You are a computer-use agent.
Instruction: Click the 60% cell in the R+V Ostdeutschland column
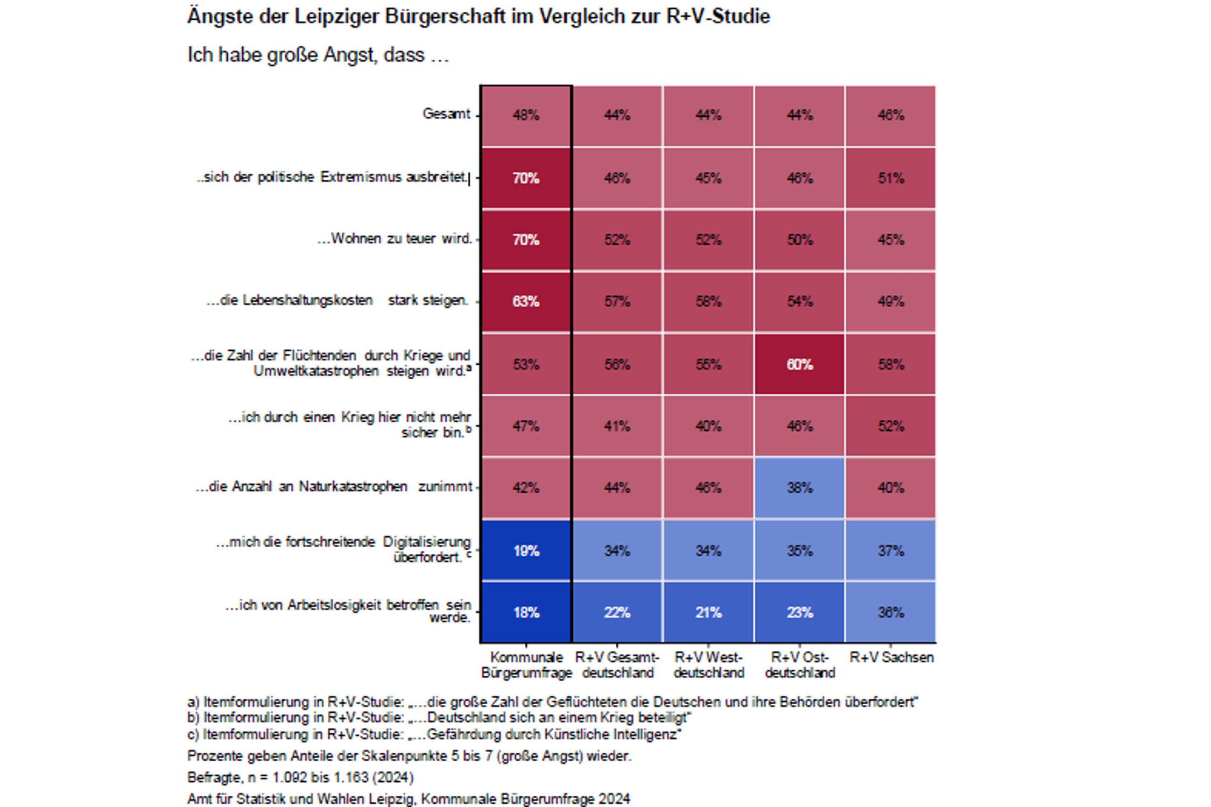(x=799, y=364)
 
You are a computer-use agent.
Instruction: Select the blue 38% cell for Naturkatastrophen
(x=799, y=487)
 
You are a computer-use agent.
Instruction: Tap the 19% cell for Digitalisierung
(x=526, y=550)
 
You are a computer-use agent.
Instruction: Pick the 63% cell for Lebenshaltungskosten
(x=526, y=301)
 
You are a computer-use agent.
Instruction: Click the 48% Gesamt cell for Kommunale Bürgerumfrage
(x=526, y=115)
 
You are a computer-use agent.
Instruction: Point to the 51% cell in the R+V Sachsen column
(x=891, y=178)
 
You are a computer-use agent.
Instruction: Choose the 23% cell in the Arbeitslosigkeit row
(x=799, y=612)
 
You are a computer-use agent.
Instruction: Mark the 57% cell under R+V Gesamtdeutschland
(x=617, y=301)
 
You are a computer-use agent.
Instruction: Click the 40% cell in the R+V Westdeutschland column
(x=708, y=426)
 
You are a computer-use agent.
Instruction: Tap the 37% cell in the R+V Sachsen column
(x=891, y=550)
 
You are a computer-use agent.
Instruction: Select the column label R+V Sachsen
(x=891, y=657)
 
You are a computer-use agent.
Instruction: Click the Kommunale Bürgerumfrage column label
(x=526, y=665)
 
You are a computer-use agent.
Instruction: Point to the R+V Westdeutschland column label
(x=708, y=665)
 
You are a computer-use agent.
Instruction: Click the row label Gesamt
(x=446, y=114)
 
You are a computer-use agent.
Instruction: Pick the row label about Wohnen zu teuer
(x=395, y=239)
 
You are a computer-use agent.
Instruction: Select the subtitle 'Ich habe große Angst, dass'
(x=318, y=55)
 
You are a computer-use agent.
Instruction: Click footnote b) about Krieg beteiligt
(x=439, y=718)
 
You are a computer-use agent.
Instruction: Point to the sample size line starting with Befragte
(x=300, y=777)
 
